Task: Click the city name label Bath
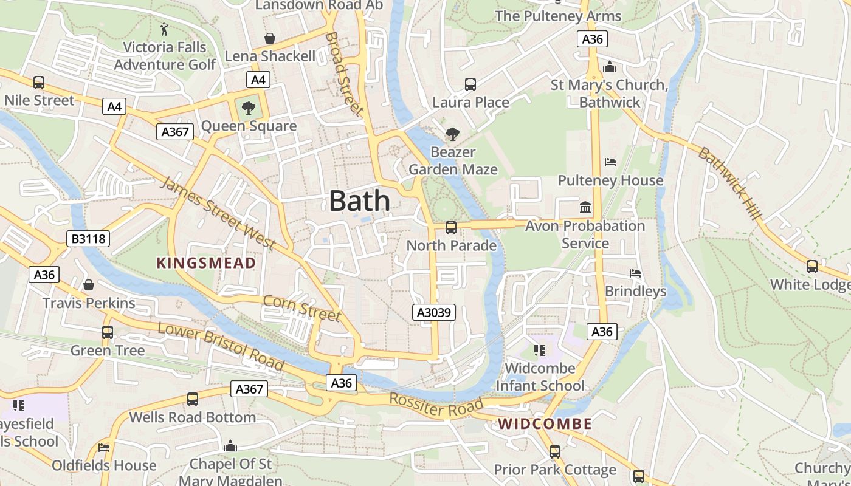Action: coord(359,201)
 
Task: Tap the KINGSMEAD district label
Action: coord(206,263)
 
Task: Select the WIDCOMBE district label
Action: coord(545,424)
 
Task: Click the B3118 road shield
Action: coord(89,239)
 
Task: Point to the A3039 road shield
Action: coord(434,312)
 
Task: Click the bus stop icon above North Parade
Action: coord(451,228)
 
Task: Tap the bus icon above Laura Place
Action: coord(470,84)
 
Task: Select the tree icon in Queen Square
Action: coord(248,109)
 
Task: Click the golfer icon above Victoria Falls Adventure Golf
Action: coord(164,29)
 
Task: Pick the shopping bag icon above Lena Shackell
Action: coord(270,39)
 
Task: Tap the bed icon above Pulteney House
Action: coord(610,162)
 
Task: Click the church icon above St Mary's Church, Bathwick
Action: coord(610,67)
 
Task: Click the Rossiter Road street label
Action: coord(436,405)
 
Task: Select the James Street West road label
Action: coord(217,213)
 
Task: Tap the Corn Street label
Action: coord(301,307)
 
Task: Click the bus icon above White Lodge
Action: coord(811,266)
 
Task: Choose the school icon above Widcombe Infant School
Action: coord(539,351)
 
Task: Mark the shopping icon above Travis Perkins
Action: coord(89,285)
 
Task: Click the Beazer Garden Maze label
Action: coord(453,160)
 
